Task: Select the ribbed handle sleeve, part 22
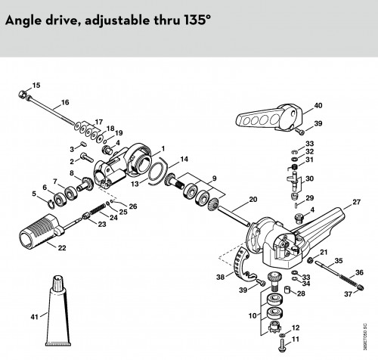[x=40, y=231]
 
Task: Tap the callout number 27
[x=356, y=202]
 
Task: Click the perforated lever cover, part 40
[x=269, y=117]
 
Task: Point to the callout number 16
[x=65, y=102]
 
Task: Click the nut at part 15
[x=23, y=95]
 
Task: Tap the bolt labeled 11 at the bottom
[x=282, y=345]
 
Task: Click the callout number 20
[x=253, y=200]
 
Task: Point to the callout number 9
[x=214, y=178]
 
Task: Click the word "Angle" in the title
[x=23, y=20]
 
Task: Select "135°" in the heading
[x=197, y=20]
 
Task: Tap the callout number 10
[x=253, y=315]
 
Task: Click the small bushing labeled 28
[x=287, y=290]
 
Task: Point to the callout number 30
[x=309, y=178]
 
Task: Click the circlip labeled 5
[x=51, y=203]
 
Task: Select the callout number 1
[x=163, y=149]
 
